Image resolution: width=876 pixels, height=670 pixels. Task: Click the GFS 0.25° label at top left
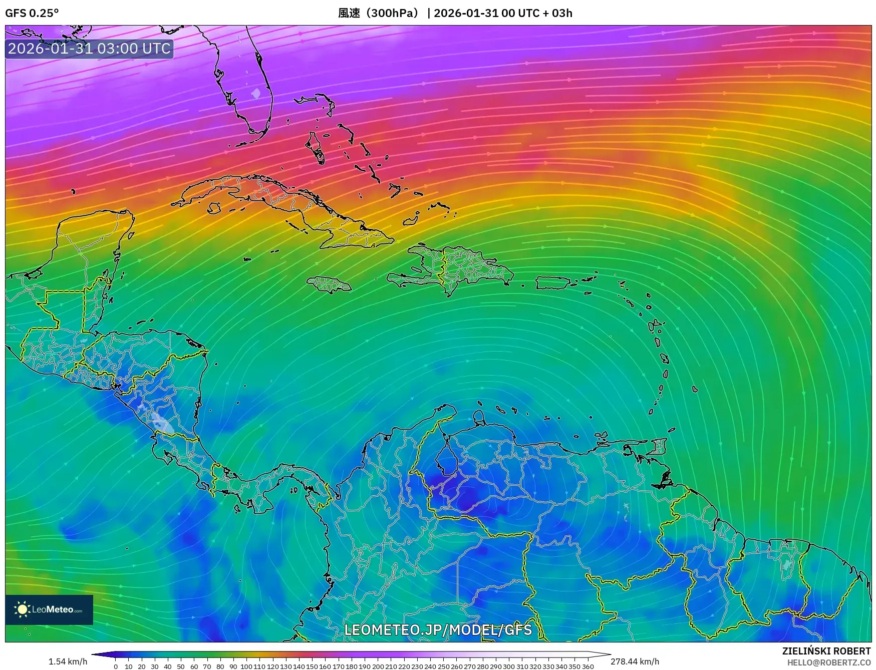tap(32, 13)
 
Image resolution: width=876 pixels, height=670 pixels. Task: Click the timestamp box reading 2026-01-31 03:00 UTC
tap(89, 49)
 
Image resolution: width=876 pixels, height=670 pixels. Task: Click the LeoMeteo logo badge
tap(49, 609)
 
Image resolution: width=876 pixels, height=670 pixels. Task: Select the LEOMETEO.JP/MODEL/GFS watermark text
tap(438, 629)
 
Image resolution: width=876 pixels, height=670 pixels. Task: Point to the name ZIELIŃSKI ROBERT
tap(826, 651)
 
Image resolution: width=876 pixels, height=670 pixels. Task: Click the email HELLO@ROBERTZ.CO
tap(828, 662)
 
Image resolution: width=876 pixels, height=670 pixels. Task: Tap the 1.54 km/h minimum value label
tap(68, 661)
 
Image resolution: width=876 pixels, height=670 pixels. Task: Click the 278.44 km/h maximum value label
tap(635, 661)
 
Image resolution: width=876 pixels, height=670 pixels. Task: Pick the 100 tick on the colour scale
tap(246, 666)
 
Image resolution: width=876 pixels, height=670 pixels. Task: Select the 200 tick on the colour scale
tap(378, 666)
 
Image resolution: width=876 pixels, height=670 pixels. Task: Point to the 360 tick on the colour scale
tap(588, 666)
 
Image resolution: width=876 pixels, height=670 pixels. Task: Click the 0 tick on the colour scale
tap(116, 666)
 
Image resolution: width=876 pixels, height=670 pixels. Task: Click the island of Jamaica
tap(330, 285)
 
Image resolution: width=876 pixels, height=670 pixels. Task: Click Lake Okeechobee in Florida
tap(256, 93)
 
